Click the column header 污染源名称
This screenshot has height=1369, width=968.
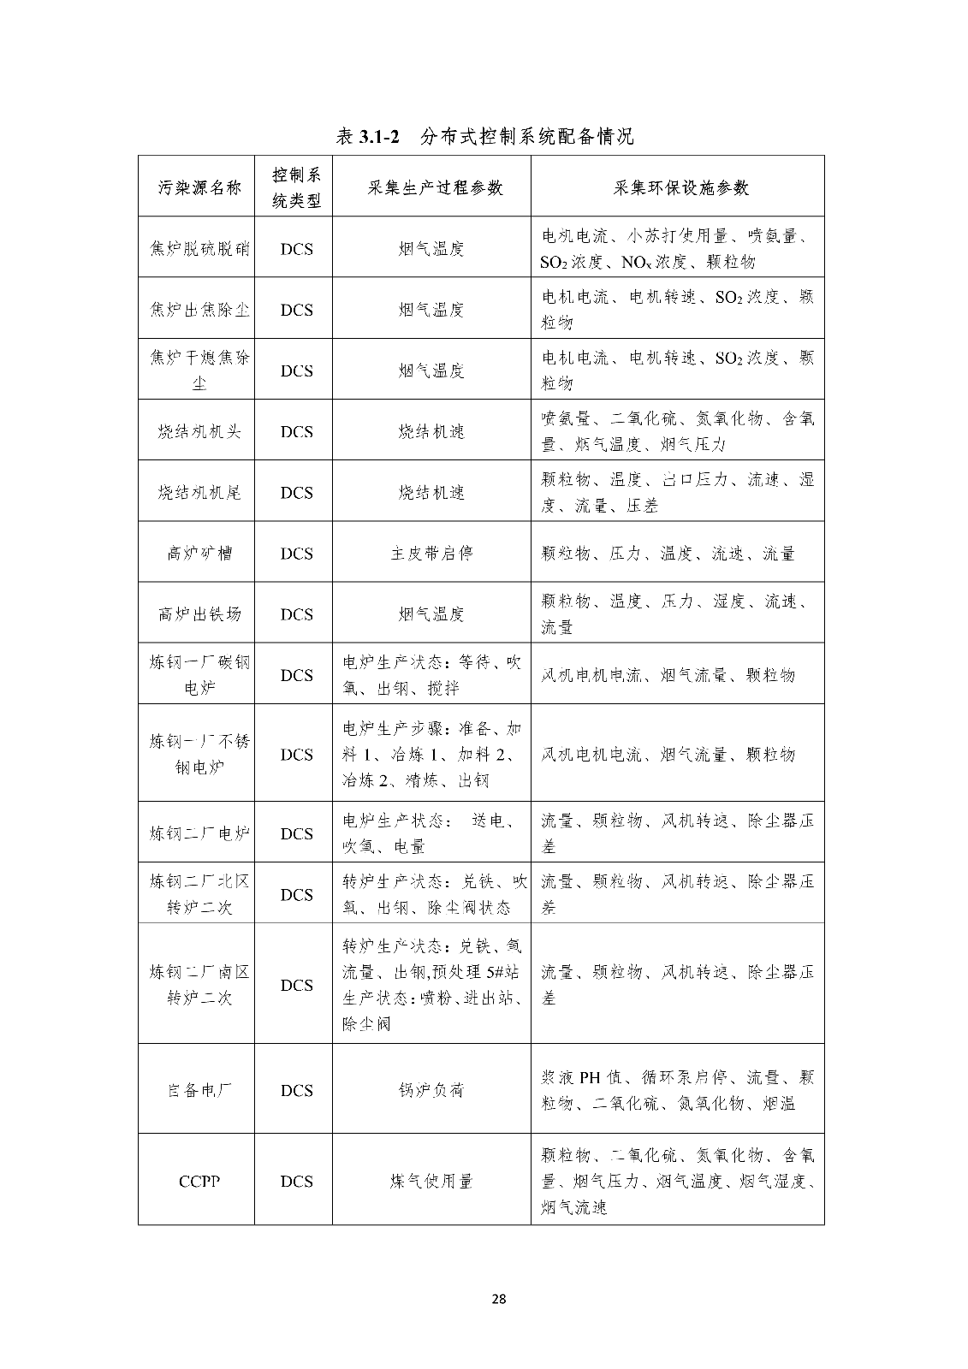coord(199,187)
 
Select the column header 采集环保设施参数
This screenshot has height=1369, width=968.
coord(680,187)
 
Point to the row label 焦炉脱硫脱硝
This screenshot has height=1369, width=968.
coord(199,249)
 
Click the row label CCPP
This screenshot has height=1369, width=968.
coord(199,1182)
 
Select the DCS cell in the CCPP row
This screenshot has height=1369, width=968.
coord(296,1182)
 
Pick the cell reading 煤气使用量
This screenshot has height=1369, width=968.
coord(431,1182)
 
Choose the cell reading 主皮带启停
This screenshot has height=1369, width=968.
coord(431,554)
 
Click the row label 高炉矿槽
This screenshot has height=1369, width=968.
coord(199,554)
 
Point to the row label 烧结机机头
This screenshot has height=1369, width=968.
coord(199,431)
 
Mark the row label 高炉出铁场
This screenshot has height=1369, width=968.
coord(199,614)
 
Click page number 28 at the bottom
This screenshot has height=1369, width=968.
coord(500,1300)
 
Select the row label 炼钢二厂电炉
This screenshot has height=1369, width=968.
coord(199,833)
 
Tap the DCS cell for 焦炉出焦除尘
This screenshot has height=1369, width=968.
coord(296,310)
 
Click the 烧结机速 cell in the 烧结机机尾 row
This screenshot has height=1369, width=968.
coord(431,493)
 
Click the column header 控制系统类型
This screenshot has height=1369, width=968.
coord(296,187)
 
